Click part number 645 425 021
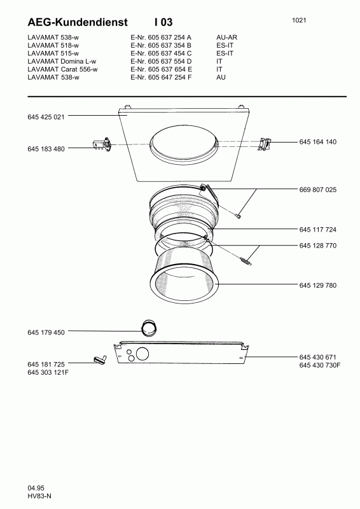(46, 117)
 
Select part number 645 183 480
(46, 149)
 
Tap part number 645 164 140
(318, 142)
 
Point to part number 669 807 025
(318, 190)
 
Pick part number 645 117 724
(318, 230)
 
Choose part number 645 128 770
(318, 246)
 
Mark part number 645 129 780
(318, 285)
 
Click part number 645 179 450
(46, 332)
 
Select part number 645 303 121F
(48, 372)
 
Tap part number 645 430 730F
(320, 365)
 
